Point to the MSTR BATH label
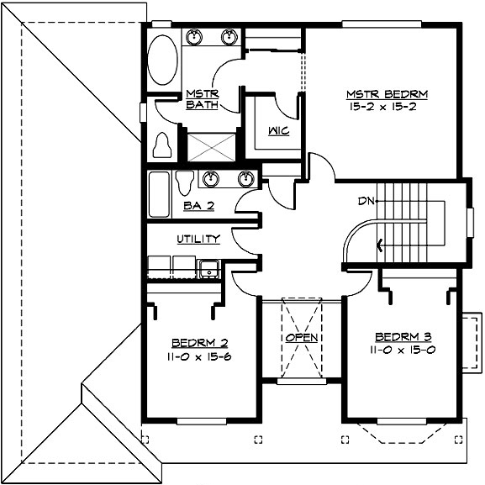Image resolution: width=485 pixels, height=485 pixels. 202,98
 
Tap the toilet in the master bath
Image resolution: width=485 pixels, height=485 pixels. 164,145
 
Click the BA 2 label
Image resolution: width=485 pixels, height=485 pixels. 198,204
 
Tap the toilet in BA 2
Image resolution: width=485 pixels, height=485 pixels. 186,182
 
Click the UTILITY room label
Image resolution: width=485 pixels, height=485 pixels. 198,239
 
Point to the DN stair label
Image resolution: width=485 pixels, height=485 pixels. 366,201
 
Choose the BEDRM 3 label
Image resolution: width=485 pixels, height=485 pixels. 403,336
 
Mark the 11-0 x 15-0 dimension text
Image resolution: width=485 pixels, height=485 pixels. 403,349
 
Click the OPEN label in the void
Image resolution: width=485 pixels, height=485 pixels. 301,338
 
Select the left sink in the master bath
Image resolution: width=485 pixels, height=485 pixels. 195,37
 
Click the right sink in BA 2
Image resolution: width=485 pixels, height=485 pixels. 245,178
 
